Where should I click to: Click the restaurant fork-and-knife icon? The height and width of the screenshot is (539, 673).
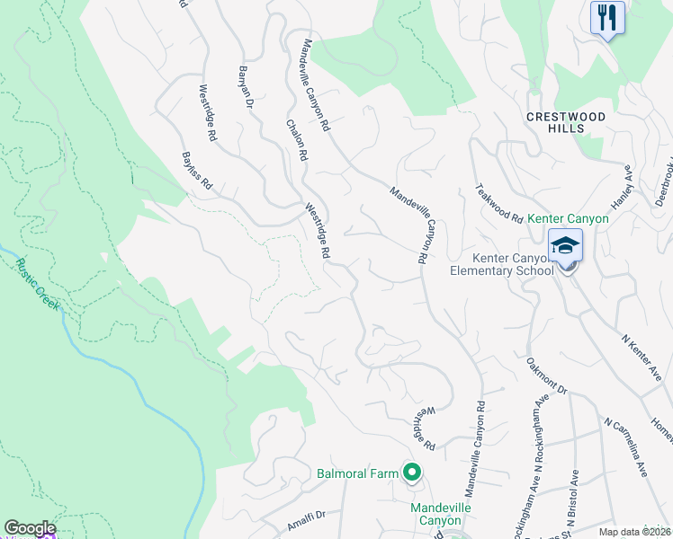[607, 17]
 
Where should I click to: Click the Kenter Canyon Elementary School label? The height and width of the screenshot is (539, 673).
[509, 264]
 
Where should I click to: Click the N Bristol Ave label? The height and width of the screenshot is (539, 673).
[571, 498]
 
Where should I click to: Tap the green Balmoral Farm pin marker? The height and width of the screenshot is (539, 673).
[412, 472]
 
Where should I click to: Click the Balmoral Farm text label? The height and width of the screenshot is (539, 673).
[357, 473]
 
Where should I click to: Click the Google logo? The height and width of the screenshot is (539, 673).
[30, 528]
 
